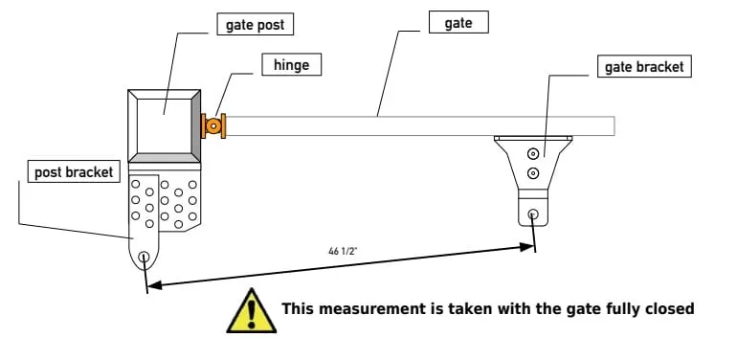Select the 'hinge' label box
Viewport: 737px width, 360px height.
coord(291,65)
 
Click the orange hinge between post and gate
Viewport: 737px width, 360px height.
coord(212,125)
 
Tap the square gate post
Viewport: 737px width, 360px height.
coord(164,125)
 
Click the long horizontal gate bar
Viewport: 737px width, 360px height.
coord(421,125)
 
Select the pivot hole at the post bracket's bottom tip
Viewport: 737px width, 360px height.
coord(144,257)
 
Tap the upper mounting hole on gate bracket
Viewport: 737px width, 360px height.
coord(533,150)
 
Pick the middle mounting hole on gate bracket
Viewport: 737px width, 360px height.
coord(533,173)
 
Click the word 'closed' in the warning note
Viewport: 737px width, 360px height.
coord(668,308)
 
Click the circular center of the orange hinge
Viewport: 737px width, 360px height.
coord(212,125)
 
